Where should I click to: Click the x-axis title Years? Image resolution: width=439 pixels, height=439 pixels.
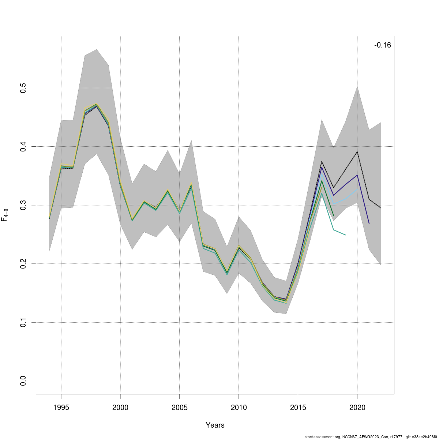point(215,425)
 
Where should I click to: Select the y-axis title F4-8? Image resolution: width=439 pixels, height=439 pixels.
point(5,215)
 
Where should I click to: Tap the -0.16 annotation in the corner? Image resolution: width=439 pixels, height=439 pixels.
point(382,45)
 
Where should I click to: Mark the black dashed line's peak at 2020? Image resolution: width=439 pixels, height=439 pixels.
point(357,151)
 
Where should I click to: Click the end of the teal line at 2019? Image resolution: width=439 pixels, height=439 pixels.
point(345,235)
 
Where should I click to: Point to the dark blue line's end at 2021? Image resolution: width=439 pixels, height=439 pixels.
point(369,223)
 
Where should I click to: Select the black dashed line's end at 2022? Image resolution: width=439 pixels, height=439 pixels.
point(381,208)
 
